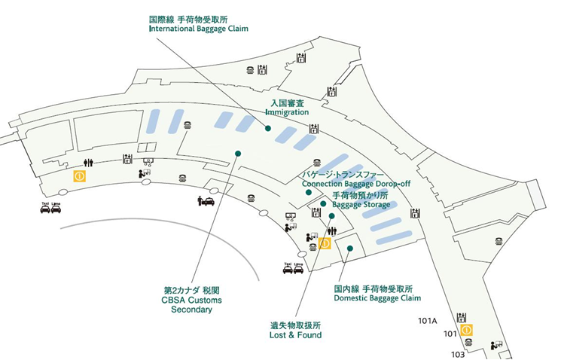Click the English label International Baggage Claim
pyautogui.click(x=199, y=29)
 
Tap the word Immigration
pyautogui.click(x=286, y=112)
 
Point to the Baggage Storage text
pyautogui.click(x=361, y=204)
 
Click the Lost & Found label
pyautogui.click(x=296, y=335)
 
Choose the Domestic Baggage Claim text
pyautogui.click(x=377, y=298)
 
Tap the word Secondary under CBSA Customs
pyautogui.click(x=191, y=309)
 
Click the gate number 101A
pyautogui.click(x=428, y=320)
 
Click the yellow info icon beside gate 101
pyautogui.click(x=467, y=330)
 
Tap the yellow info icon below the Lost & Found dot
pyautogui.click(x=325, y=243)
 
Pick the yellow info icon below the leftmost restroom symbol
pyautogui.click(x=78, y=176)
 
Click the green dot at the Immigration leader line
pyautogui.click(x=268, y=128)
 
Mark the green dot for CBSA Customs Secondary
pyautogui.click(x=238, y=154)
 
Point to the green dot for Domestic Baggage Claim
pyautogui.click(x=350, y=249)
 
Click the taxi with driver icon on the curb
pyautogui.click(x=206, y=201)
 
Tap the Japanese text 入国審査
pyautogui.click(x=286, y=102)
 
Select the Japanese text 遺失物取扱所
pyautogui.click(x=296, y=325)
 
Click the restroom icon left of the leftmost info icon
pyautogui.click(x=89, y=162)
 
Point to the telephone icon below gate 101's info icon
pyautogui.click(x=468, y=342)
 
